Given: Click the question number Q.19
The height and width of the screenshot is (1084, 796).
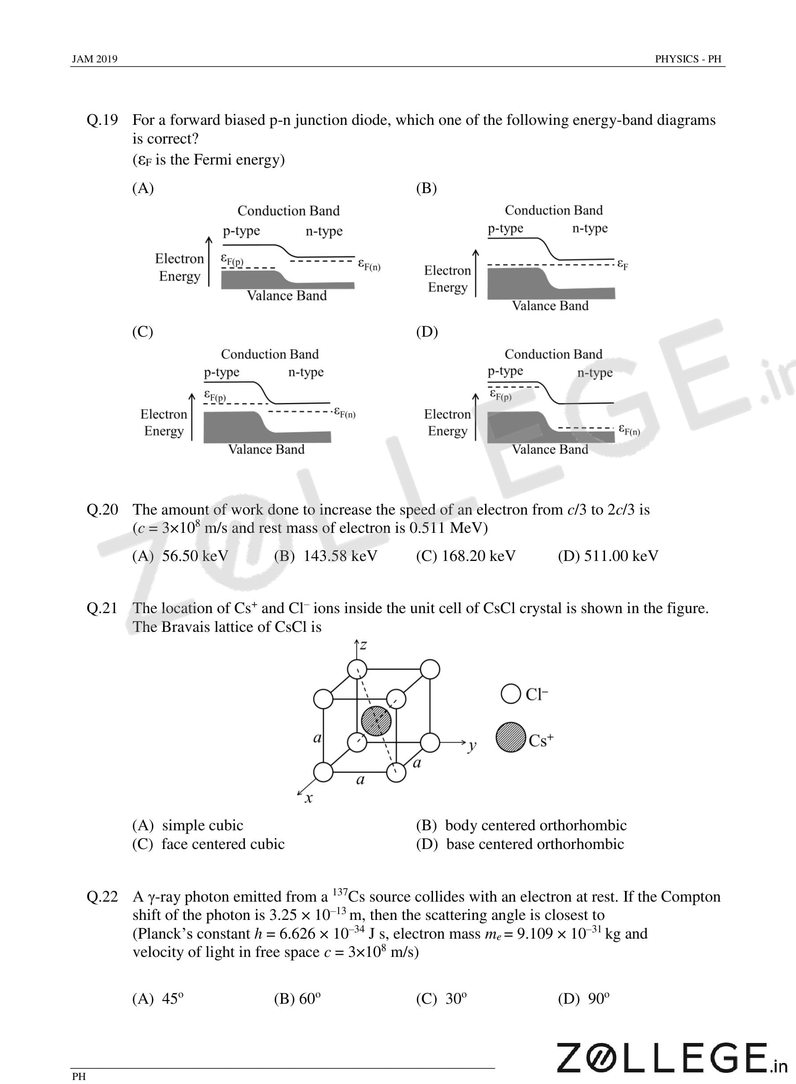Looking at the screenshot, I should coord(102,120).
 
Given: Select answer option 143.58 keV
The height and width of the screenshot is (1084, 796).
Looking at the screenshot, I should coord(326,556).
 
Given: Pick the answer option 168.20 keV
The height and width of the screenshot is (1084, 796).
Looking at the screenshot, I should coord(465,556).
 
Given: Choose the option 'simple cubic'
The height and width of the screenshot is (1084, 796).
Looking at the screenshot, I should coord(188,825).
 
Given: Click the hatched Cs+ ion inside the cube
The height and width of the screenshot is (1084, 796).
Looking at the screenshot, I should coord(376,721).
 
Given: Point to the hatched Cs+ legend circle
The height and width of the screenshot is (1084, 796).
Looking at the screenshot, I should coord(511,737).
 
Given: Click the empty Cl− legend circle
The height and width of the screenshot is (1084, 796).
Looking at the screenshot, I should coord(511,694).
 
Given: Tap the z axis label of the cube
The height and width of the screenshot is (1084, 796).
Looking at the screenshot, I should coord(364,645).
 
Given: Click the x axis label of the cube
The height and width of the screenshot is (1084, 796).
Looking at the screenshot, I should coord(309,799).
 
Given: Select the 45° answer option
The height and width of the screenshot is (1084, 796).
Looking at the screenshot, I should coord(158,998).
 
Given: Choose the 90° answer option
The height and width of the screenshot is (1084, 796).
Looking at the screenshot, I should coord(584,998).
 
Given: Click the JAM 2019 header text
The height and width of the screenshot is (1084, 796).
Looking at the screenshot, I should coord(94,59).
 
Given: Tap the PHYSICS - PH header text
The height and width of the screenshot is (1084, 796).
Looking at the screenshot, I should coord(688,59).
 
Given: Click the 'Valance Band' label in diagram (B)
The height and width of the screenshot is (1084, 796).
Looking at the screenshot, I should coord(550,306).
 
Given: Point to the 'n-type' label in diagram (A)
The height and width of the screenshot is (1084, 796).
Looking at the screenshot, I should coord(324,231).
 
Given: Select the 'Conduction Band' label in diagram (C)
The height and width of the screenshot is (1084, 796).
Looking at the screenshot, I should coord(270,354).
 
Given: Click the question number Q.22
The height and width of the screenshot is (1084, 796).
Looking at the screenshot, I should coord(102,896).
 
